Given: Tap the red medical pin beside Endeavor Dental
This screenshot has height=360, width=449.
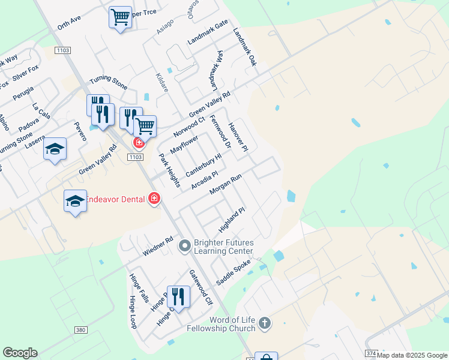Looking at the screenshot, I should coord(154,198).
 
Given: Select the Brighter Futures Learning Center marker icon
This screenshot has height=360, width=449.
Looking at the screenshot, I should coord(184,245).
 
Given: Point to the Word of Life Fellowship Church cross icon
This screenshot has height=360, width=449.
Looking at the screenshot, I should coord(265,324).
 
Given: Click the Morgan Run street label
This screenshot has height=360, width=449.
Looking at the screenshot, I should coord(226,184).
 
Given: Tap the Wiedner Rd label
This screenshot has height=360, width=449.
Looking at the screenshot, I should coord(158,247).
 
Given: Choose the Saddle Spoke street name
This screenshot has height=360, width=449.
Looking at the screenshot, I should coord(234,272).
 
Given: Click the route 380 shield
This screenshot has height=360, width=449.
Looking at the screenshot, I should coord(81,330).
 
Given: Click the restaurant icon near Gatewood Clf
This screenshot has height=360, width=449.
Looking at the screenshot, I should coord(178,296).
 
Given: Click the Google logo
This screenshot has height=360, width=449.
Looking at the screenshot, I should coord(20,353).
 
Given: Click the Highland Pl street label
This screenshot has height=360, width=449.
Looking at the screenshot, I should coord(232,220).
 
